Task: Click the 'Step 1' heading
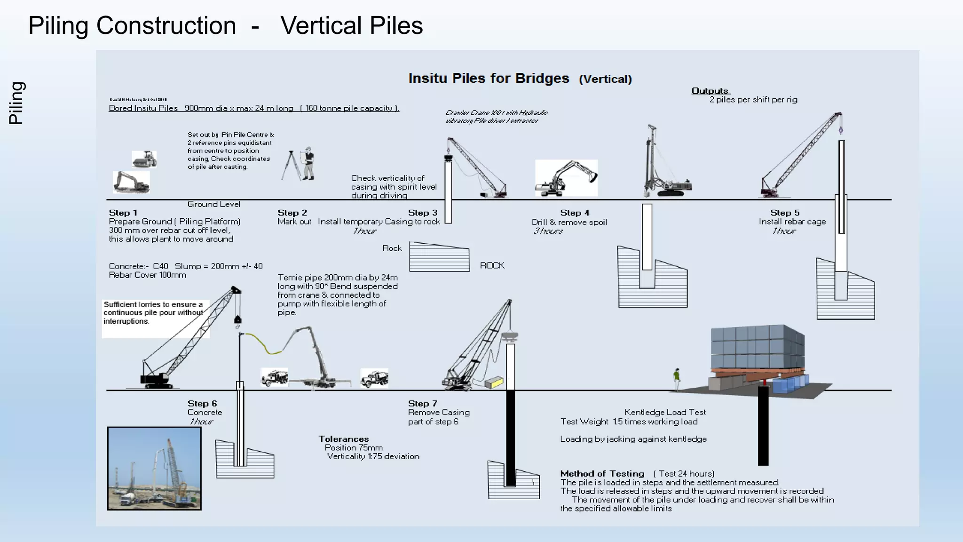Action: click(123, 213)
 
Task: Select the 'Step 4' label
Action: click(575, 213)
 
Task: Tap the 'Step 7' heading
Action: click(422, 403)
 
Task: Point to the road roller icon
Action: click(144, 159)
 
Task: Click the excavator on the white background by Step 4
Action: click(566, 178)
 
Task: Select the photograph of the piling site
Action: click(154, 468)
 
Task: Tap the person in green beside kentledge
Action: click(677, 379)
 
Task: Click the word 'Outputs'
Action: click(710, 90)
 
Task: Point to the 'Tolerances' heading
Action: click(343, 438)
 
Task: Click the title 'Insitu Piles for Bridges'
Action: click(489, 78)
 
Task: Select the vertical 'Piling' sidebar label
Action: click(16, 103)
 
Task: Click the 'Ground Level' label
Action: click(213, 204)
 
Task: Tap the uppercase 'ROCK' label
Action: click(492, 265)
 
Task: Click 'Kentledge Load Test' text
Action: click(665, 412)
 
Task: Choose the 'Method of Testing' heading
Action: click(602, 473)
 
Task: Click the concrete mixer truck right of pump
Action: click(374, 378)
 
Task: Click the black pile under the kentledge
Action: click(763, 426)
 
